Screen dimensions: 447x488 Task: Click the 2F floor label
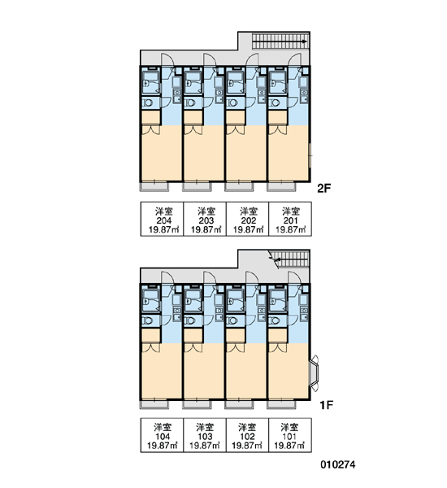(x=323, y=189)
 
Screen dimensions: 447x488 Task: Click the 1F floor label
(x=327, y=405)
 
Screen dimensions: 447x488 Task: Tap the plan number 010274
(x=338, y=465)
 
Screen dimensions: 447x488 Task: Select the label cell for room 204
(x=162, y=219)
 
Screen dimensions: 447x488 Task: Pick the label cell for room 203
(x=204, y=219)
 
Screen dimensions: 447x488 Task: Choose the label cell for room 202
(x=247, y=219)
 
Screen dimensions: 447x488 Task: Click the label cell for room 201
(x=290, y=219)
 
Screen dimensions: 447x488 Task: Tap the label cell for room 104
(x=162, y=435)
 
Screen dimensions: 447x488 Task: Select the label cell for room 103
(x=204, y=435)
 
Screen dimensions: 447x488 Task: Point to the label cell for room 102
(x=247, y=435)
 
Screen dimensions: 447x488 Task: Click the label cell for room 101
(x=290, y=435)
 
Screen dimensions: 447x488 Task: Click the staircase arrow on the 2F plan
(x=280, y=41)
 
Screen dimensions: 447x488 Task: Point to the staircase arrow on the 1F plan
(x=292, y=259)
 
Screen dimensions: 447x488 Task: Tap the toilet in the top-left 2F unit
(x=147, y=102)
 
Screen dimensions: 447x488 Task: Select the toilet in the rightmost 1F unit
(x=274, y=320)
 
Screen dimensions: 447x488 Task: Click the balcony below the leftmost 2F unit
(x=154, y=186)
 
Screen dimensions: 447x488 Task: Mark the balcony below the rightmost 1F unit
(x=281, y=404)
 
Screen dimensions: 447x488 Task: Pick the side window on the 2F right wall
(x=310, y=155)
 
